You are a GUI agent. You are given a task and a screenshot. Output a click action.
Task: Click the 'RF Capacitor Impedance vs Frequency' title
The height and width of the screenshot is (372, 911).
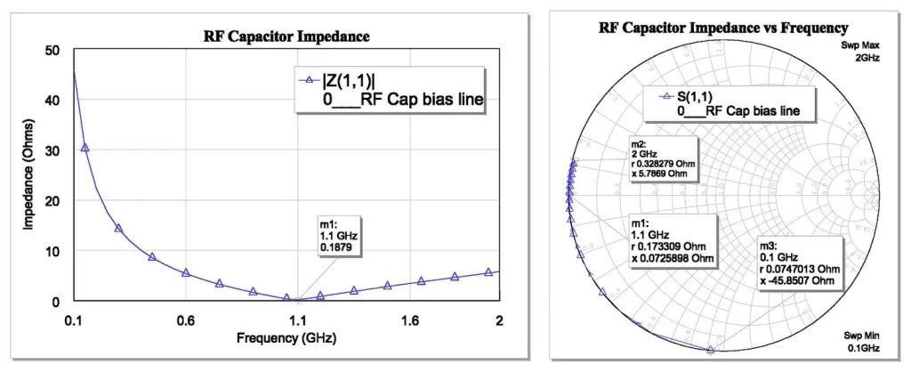(723, 28)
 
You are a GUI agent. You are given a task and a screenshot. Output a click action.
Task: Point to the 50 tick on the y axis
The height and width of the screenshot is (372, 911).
(53, 51)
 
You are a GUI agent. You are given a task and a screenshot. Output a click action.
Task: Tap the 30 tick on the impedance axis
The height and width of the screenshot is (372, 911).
(53, 151)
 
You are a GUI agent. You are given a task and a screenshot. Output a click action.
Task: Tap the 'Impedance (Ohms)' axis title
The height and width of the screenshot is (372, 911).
(28, 176)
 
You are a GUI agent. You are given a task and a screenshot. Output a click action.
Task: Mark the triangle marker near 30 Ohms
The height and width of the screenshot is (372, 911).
(85, 148)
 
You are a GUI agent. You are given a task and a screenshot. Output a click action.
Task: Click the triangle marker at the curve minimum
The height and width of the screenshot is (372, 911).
(286, 299)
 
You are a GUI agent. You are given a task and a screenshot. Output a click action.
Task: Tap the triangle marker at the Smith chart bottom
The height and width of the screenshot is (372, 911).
(710, 351)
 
